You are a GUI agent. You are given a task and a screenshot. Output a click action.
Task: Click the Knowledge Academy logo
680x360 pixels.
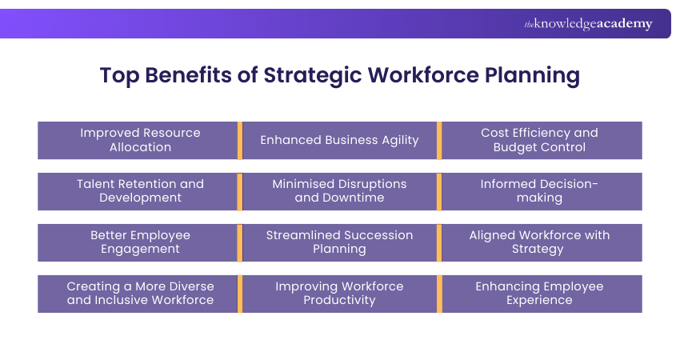(588, 24)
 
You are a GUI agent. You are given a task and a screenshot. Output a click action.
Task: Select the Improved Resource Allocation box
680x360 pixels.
(140, 140)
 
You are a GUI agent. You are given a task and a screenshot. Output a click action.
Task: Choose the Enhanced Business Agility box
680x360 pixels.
(339, 140)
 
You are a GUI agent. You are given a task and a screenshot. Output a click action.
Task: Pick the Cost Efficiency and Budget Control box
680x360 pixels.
(540, 140)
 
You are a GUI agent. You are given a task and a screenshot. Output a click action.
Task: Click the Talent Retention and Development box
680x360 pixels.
(140, 191)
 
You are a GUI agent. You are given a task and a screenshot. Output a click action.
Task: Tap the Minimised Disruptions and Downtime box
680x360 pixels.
(339, 191)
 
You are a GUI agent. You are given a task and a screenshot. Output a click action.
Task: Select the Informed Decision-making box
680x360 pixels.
(540, 191)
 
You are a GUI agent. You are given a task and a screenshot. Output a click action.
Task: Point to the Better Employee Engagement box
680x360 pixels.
(140, 242)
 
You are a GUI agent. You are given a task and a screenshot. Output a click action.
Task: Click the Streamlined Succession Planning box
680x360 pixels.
(339, 242)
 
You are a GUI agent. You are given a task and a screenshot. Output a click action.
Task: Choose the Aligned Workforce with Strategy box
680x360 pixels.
(540, 242)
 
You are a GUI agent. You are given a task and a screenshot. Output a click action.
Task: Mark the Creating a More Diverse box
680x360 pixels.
(140, 294)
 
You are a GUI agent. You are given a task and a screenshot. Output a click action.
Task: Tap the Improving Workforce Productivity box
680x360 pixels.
(339, 294)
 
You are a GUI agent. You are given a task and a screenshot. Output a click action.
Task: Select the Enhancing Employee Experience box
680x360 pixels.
(540, 294)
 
